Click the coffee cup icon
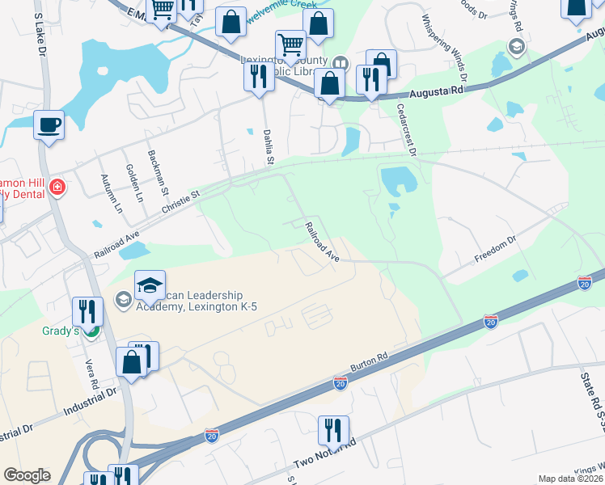49,125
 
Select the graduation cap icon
150,285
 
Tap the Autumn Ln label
111,193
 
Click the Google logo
27,475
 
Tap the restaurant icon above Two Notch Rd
332,430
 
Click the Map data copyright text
568,479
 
